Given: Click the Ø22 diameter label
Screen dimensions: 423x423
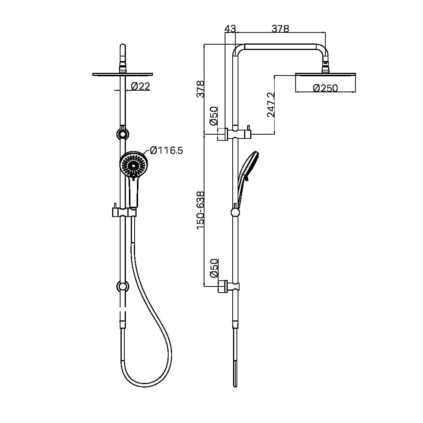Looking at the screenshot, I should pos(140,87).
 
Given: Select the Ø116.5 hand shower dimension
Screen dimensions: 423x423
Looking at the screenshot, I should pos(166,150).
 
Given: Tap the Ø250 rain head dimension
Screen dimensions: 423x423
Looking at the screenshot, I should pos(325,88).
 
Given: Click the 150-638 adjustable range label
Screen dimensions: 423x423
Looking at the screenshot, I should pos(201,210).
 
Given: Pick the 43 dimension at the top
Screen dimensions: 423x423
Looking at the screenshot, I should pos(230,29).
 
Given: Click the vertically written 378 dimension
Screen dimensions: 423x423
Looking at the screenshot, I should pos(201,88).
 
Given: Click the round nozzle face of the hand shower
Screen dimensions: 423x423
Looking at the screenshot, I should pos(133,165).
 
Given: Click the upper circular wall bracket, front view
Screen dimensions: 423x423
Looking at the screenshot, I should pos(122,134).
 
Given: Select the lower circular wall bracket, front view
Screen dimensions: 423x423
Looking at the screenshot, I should pos(122,286).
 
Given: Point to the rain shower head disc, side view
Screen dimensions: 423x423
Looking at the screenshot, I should pos(325,74).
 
